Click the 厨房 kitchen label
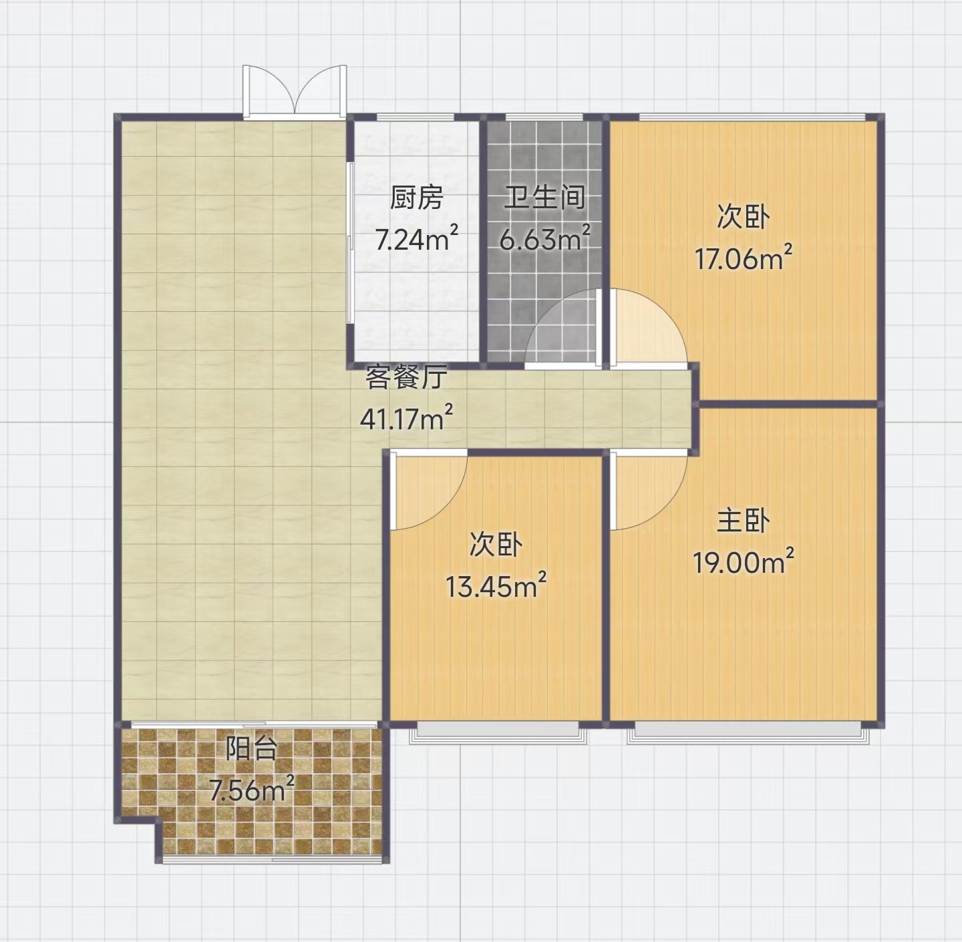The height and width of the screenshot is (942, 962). click(x=416, y=198)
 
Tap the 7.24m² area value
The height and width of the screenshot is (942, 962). click(x=417, y=238)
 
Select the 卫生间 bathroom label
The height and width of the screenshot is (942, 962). click(x=544, y=198)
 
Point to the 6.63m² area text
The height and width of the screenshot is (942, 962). click(x=545, y=238)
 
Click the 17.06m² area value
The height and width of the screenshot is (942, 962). click(x=744, y=258)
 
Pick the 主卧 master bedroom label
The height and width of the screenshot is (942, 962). click(x=743, y=521)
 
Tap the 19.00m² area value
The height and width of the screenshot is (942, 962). click(x=743, y=562)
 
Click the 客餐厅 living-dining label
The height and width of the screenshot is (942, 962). click(x=406, y=377)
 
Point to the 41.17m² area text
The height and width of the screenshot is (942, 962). click(x=406, y=418)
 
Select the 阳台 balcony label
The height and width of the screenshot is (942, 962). click(x=251, y=749)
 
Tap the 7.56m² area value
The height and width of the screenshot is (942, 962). click(x=251, y=789)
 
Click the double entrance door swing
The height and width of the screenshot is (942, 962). click(x=295, y=91)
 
